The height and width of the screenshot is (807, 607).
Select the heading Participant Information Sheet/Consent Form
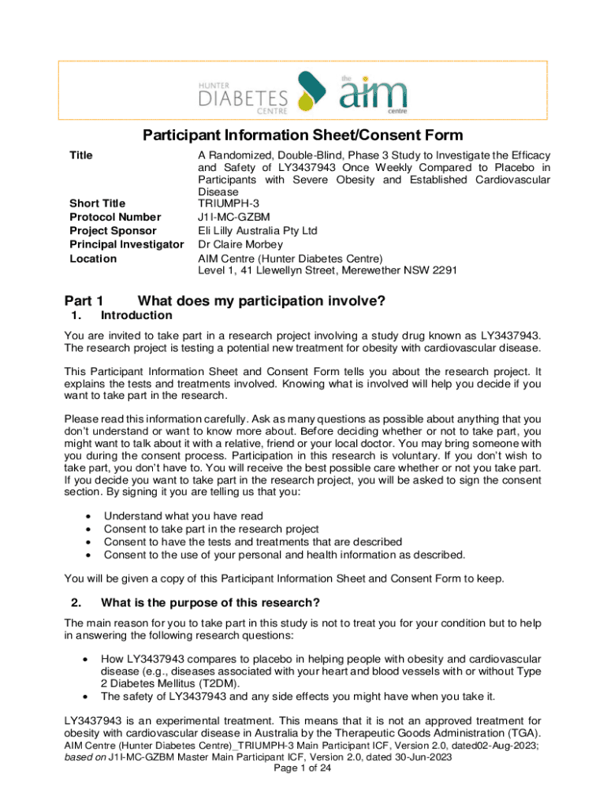(x=303, y=136)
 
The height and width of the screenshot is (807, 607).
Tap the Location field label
(x=93, y=258)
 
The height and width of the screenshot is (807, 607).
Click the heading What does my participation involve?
(x=261, y=300)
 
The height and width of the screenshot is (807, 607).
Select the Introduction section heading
(x=137, y=315)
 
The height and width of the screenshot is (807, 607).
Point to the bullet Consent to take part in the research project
(x=211, y=529)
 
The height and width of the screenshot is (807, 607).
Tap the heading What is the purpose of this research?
(x=210, y=604)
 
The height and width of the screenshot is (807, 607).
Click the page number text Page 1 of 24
(x=303, y=769)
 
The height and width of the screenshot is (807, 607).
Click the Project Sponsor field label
(x=113, y=231)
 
